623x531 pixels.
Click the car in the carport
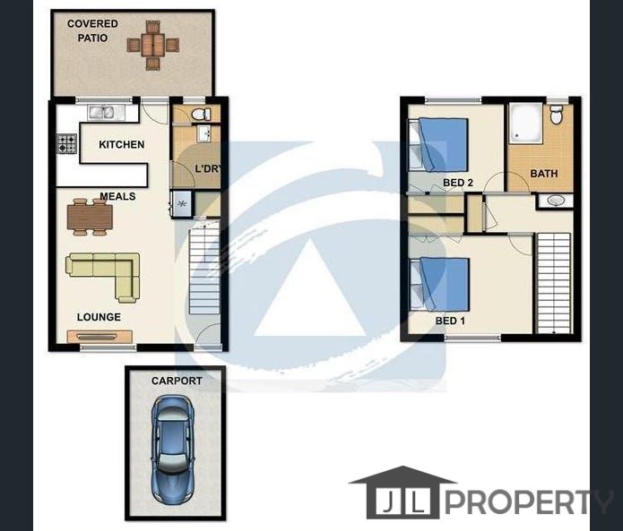coord(172,450)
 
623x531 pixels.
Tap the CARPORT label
coord(177,381)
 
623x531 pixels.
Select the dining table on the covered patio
coord(153,46)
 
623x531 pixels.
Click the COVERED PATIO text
coord(92,31)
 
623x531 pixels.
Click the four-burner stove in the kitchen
coord(66,143)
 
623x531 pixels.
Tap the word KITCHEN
coord(122,144)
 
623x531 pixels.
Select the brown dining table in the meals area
coord(90,217)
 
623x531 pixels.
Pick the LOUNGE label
coord(99,317)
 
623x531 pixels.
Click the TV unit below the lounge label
coord(100,337)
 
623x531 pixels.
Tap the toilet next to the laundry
coord(201,115)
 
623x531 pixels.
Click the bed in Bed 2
coord(438,145)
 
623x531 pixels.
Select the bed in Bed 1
coord(439,284)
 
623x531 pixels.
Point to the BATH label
coord(544,174)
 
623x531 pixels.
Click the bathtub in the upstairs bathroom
coord(526,124)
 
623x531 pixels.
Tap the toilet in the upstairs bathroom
coord(556,115)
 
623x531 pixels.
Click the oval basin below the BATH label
coord(555,201)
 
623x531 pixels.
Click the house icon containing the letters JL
coord(402,492)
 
